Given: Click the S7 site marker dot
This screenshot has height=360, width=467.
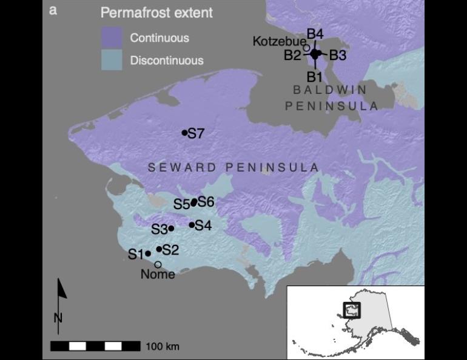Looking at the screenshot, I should (x=184, y=133).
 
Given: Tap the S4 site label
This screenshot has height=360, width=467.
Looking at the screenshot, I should (x=203, y=226).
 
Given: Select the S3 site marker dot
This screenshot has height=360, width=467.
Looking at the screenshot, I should (x=171, y=228).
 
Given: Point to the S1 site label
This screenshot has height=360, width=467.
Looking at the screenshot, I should (x=135, y=254).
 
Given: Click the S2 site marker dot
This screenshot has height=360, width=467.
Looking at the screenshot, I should (x=159, y=249).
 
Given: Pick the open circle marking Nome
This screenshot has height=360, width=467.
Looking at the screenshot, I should (x=158, y=264).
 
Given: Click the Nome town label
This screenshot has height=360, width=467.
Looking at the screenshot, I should (x=158, y=275).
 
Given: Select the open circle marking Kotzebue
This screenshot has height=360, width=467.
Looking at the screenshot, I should (x=306, y=47).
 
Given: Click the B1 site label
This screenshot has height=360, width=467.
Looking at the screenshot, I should (x=314, y=77).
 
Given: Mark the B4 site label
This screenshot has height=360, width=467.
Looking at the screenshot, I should (x=315, y=33).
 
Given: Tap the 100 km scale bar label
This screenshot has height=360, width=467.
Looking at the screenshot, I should (x=163, y=347).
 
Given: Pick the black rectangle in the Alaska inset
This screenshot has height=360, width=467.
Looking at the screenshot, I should (x=352, y=310).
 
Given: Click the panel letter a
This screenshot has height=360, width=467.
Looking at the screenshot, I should (x=53, y=10).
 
